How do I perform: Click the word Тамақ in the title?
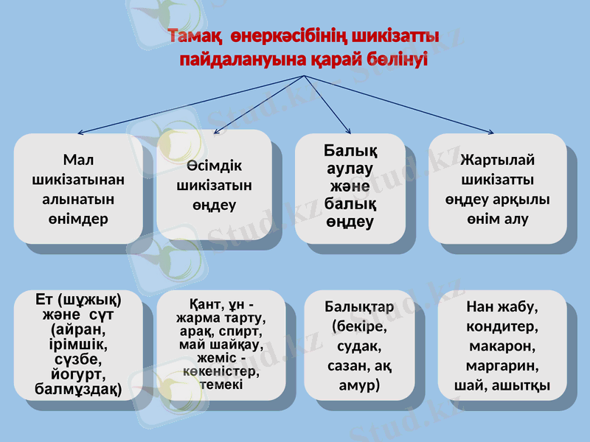point(192,35)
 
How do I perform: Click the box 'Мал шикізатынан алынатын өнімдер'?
point(78,189)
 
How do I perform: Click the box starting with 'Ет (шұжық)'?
point(78,345)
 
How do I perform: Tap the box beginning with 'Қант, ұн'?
point(221,345)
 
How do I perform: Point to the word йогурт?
point(79,375)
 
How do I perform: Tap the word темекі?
point(220,385)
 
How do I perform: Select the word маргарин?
point(502,365)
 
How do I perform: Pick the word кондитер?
point(502,325)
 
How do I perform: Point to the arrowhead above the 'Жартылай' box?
point(490,132)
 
